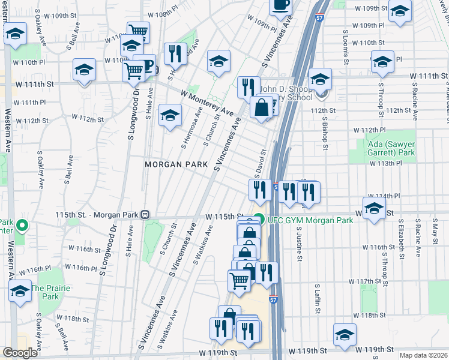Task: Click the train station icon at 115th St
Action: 145,214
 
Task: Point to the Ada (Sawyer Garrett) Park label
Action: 391,148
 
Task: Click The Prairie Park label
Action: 50,292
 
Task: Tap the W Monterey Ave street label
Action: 206,103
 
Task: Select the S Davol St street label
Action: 260,164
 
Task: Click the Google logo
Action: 20,353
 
